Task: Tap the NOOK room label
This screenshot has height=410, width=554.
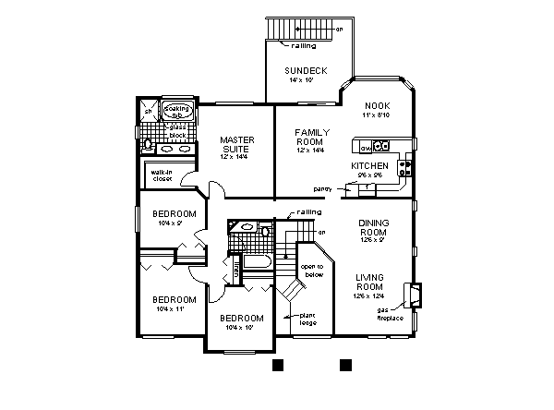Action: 378,105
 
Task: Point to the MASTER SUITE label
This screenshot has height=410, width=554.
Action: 236,145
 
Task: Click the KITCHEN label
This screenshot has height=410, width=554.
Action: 368,165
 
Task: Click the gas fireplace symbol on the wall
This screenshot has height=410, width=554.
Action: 415,295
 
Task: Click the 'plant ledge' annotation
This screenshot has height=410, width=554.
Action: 307,319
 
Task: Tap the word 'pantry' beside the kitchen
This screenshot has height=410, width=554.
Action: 322,188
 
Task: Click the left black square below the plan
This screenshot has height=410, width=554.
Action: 277,366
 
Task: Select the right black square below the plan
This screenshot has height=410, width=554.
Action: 346,366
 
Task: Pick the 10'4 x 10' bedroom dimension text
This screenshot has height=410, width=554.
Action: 236,327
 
